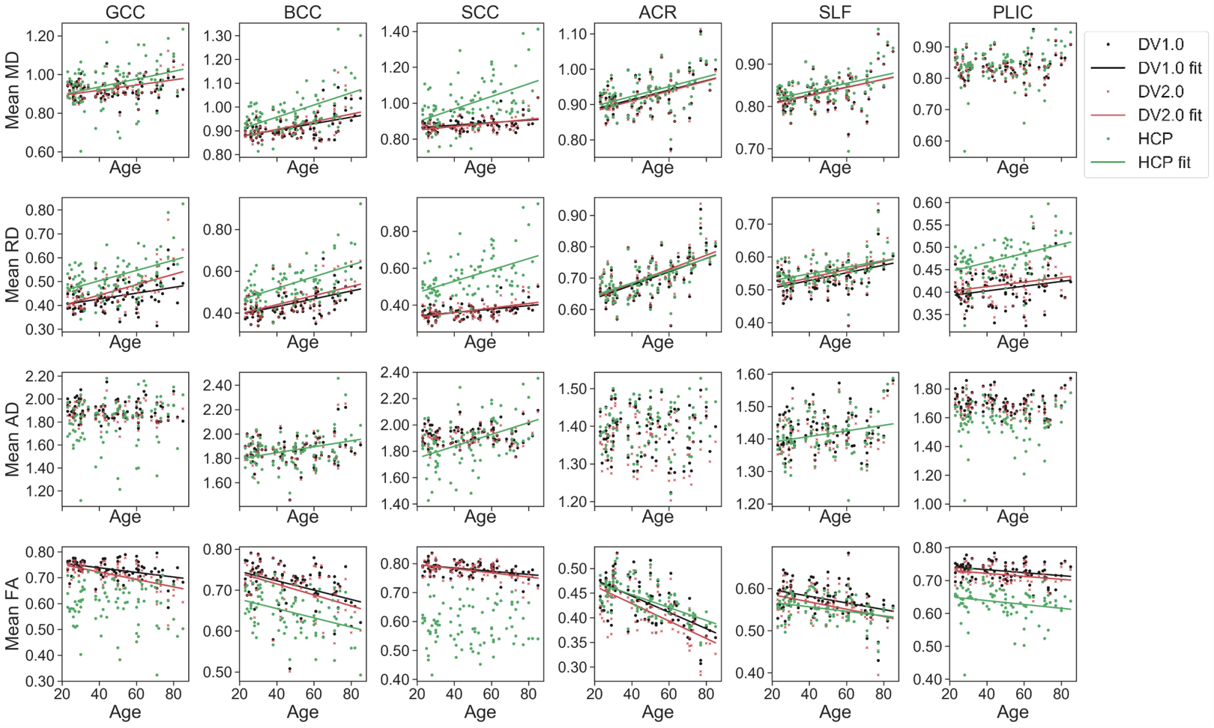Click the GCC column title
pyautogui.click(x=125, y=12)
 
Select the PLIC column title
pyautogui.click(x=1012, y=12)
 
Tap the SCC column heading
pyautogui.click(x=480, y=12)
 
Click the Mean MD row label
pyautogui.click(x=12, y=91)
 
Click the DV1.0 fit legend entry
pyautogui.click(x=1169, y=68)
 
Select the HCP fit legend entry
pyautogui.click(x=1164, y=163)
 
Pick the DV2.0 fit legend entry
pyautogui.click(x=1169, y=115)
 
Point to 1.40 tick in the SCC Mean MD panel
pyautogui.click(x=395, y=31)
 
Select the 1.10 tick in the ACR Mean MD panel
pyautogui.click(x=573, y=34)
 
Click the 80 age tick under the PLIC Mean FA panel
pyautogui.click(x=1060, y=694)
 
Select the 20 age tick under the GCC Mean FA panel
pyautogui.click(x=62, y=694)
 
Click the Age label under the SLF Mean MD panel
pyautogui.click(x=835, y=168)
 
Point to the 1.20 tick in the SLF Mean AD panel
pyautogui.click(x=750, y=504)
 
